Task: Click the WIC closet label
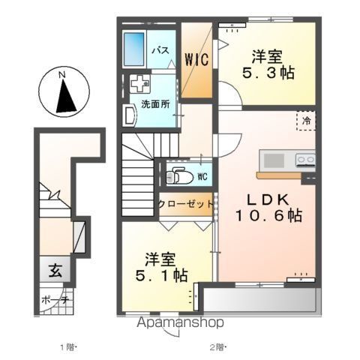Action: tap(196, 59)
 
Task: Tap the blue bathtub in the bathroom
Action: tap(134, 49)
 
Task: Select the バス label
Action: tap(161, 50)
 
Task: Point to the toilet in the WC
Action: tap(180, 177)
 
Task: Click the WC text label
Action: tap(202, 177)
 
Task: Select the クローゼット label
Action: tap(186, 205)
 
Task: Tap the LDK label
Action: tap(268, 199)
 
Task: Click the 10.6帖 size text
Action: tap(268, 216)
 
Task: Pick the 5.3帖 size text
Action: tap(268, 73)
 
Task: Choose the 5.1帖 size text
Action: tap(161, 275)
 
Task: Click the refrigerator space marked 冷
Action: tap(306, 121)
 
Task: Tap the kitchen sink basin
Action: tap(274, 160)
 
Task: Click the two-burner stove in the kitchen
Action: tap(305, 160)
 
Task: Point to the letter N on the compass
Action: tap(61, 74)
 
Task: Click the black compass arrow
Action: tap(65, 96)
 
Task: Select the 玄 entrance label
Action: tap(55, 271)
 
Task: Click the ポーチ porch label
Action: tap(55, 300)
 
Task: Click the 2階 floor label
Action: tap(217, 347)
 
